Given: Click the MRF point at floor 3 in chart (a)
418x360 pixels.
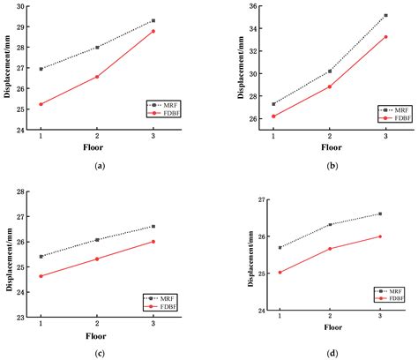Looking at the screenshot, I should [153, 20].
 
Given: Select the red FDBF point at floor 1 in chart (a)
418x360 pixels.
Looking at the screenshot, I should [41, 104].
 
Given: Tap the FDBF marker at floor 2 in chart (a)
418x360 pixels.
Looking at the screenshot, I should [97, 77].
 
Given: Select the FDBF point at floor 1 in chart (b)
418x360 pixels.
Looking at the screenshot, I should [273, 116].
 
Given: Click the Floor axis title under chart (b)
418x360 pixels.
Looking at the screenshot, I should [329, 149].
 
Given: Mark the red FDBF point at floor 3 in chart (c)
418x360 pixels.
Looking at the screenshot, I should [153, 242].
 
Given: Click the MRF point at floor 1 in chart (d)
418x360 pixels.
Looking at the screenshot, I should [280, 247].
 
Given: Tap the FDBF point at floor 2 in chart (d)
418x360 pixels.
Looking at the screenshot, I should [330, 249].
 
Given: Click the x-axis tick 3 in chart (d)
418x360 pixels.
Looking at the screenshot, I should [379, 316].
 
